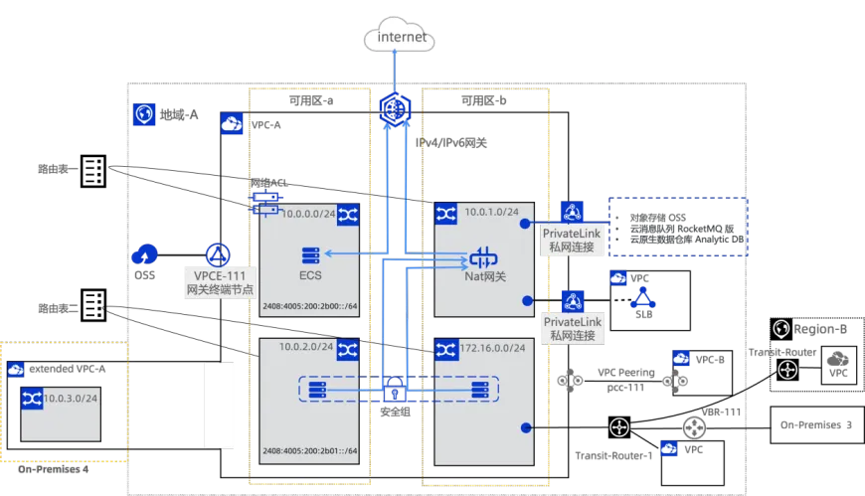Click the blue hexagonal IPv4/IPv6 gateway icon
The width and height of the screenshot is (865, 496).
pos(396,108)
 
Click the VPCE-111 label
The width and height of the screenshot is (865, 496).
pos(220,274)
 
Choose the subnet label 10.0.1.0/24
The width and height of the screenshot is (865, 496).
pos(488,213)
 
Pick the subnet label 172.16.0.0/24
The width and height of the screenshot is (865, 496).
pos(492,349)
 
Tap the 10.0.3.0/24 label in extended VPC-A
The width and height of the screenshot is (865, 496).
pos(70,397)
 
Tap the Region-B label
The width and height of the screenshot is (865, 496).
pos(819,329)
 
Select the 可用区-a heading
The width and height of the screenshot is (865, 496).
pos(309,100)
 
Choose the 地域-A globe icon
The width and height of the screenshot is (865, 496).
pos(143,114)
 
